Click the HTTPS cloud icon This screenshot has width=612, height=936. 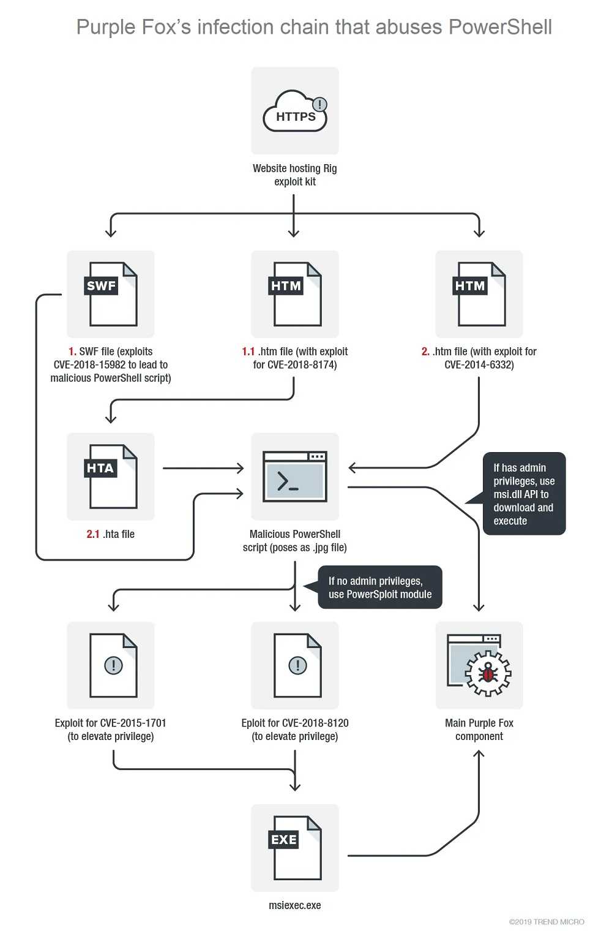tap(295, 111)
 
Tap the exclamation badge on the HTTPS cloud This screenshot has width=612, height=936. tap(320, 104)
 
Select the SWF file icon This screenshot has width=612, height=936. tap(111, 294)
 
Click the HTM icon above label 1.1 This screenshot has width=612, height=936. tap(295, 294)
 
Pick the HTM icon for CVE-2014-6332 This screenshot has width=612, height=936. tap(479, 294)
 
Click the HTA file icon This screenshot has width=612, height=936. tap(111, 477)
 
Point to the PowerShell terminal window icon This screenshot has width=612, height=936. tap(295, 476)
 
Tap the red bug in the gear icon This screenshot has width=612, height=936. tap(488, 673)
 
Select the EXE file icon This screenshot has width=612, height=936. tap(295, 847)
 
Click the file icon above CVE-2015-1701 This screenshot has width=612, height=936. tap(113, 665)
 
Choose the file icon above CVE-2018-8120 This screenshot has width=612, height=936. tap(297, 665)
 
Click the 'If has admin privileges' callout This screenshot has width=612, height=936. tap(523, 494)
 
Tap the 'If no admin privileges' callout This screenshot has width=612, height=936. tap(379, 587)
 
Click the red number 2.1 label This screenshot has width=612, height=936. tap(92, 534)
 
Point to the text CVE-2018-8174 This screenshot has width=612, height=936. tap(301, 365)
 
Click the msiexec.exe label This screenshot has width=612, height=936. tap(295, 905)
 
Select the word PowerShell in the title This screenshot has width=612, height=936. tap(500, 27)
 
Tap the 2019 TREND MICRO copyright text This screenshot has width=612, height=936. tap(547, 922)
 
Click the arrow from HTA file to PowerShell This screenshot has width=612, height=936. tap(203, 468)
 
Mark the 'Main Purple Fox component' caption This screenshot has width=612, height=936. tap(479, 730)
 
